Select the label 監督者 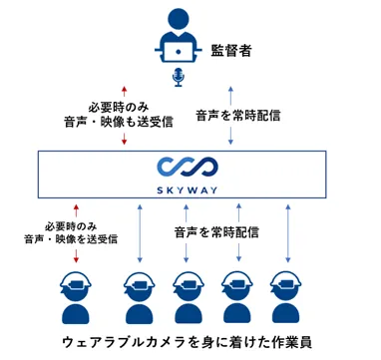pos(235,49)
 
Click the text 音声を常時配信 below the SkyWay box pos(216,232)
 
